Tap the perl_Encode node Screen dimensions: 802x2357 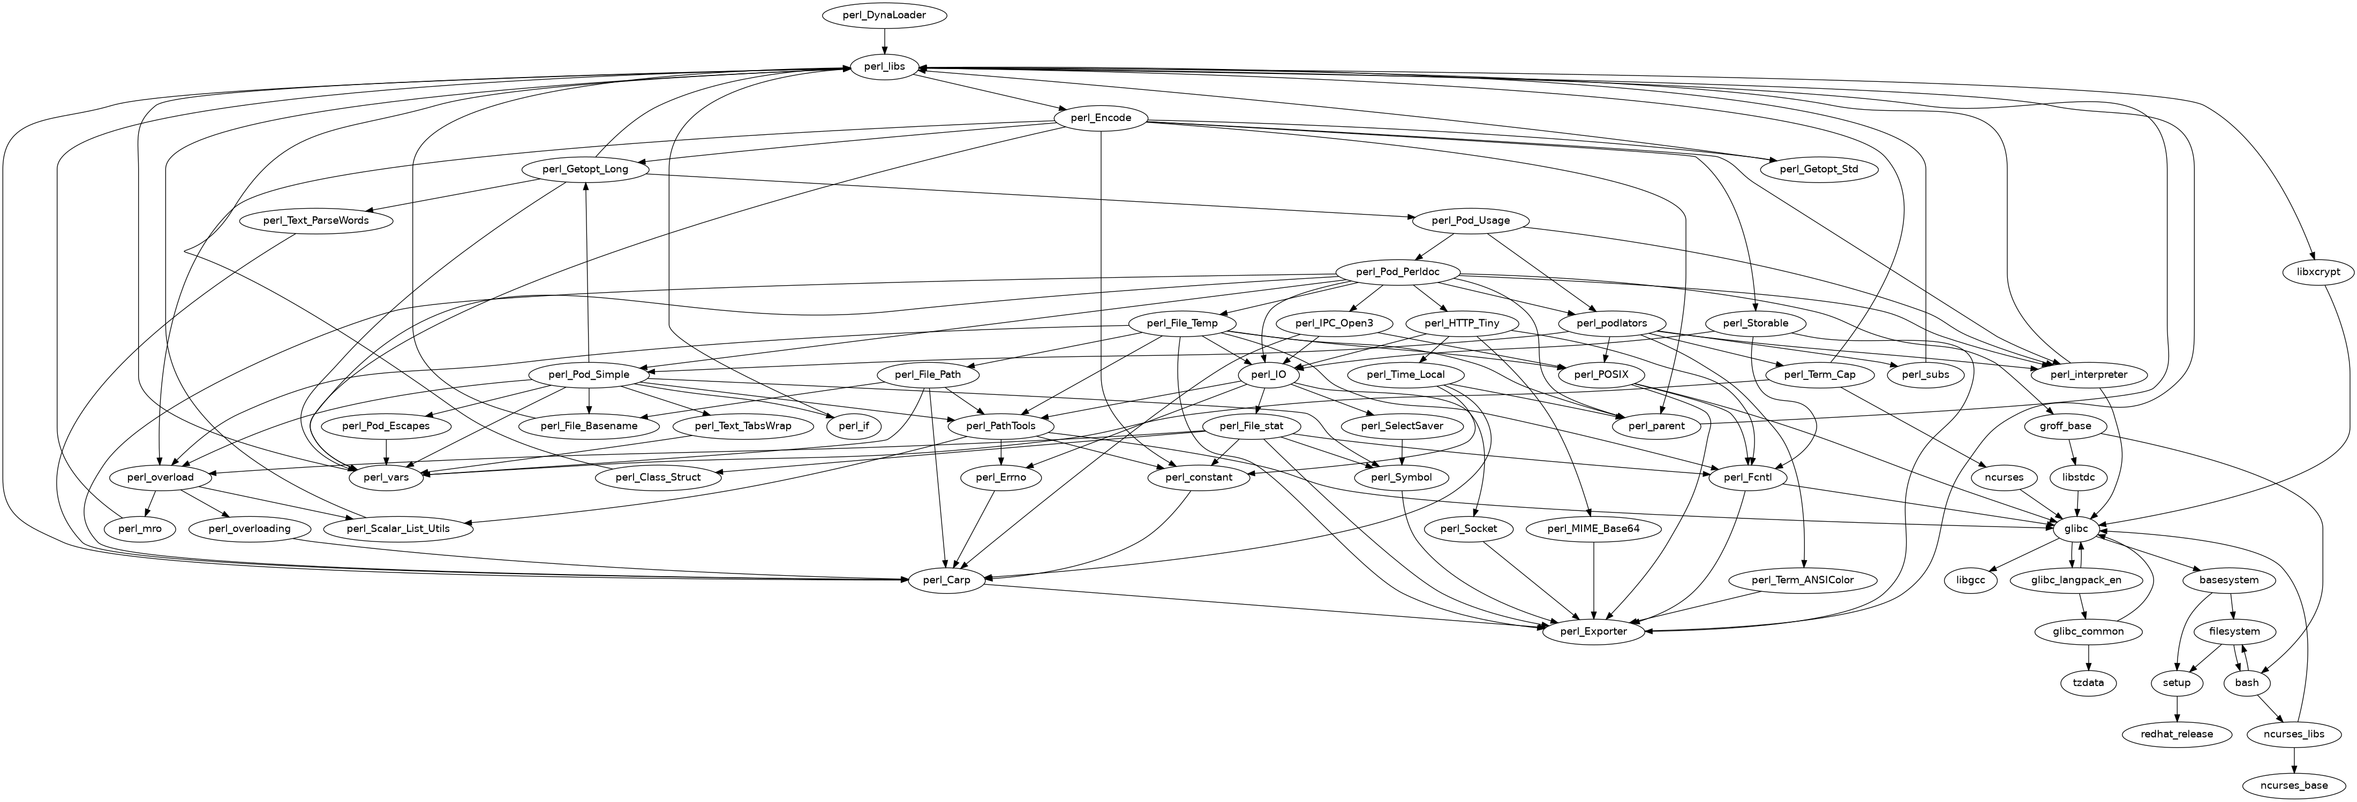click(x=1101, y=118)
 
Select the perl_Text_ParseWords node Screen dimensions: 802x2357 click(x=315, y=220)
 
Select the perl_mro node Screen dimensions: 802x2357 click(x=139, y=529)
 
